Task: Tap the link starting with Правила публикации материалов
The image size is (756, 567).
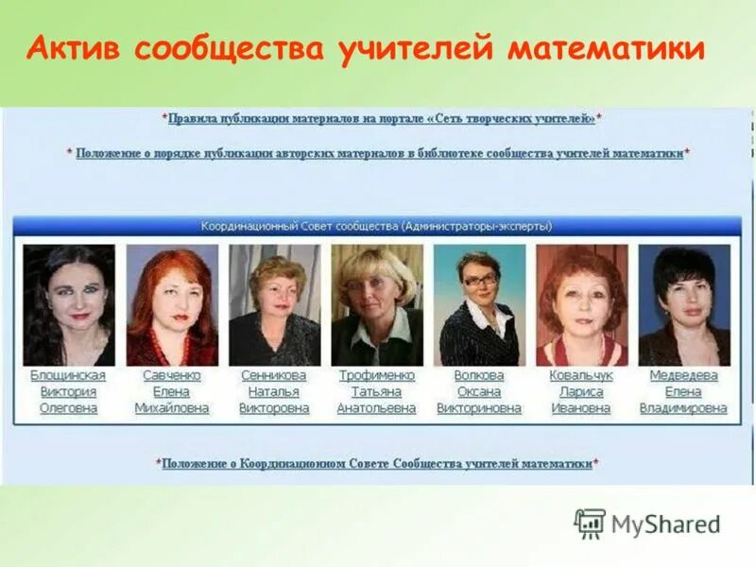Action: point(382,119)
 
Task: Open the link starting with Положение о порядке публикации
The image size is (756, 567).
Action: point(379,152)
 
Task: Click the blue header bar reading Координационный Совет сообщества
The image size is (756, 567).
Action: point(377,227)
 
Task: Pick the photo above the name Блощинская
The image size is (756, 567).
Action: point(68,305)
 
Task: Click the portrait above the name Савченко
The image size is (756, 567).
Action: point(171,305)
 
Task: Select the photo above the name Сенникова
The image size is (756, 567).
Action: point(274,305)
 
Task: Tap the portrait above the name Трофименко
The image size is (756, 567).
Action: point(376,305)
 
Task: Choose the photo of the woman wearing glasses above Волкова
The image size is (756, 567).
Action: point(479,305)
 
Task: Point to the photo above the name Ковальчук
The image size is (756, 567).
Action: point(581,305)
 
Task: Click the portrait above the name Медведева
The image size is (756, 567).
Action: point(683,305)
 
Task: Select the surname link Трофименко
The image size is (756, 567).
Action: point(376,375)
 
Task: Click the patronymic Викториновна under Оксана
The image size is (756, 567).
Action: point(479,408)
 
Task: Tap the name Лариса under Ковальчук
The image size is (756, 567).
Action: point(581,392)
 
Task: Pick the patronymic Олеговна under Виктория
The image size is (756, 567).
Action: point(68,408)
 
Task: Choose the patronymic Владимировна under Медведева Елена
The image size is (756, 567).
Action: point(683,408)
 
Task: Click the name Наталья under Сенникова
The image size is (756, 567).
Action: point(274,392)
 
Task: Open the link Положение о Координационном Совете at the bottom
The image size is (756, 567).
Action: point(377,464)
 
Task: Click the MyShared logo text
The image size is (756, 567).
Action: point(665,524)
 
